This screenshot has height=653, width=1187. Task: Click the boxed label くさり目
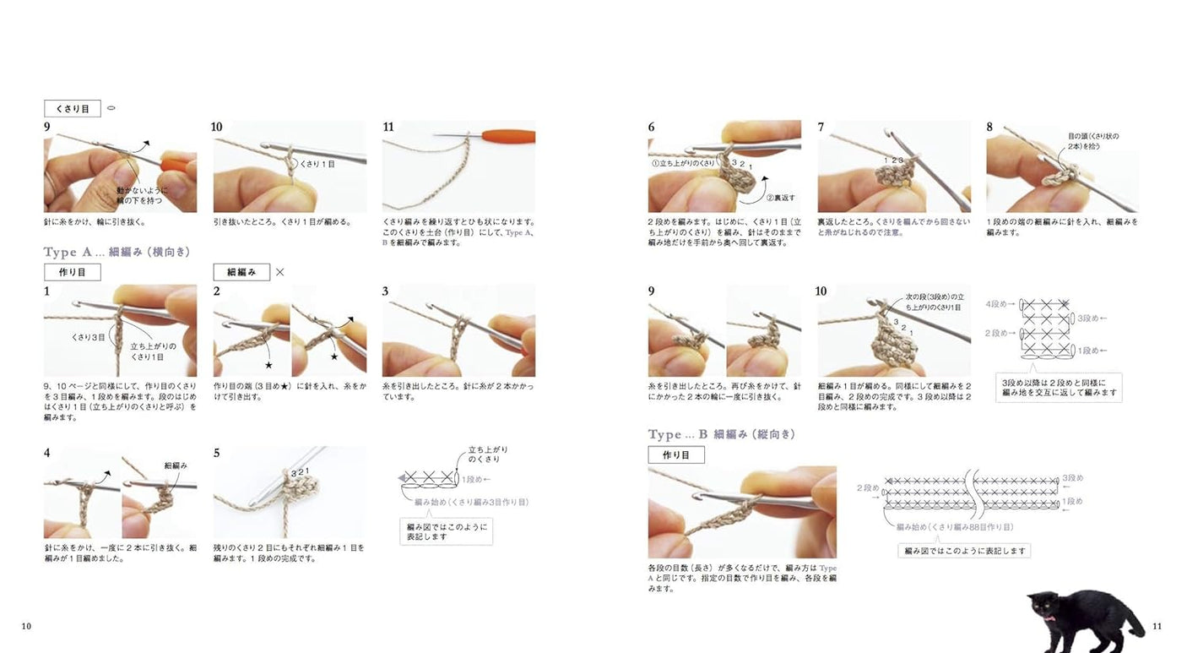point(72,109)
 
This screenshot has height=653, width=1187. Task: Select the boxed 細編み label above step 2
point(241,272)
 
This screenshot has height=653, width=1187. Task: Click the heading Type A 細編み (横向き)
point(117,252)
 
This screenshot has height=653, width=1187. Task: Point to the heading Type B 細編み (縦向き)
point(721,434)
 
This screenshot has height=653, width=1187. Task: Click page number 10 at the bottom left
point(26,626)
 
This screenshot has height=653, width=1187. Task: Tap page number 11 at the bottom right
point(1157,626)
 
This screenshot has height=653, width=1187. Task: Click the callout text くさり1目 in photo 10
point(318,164)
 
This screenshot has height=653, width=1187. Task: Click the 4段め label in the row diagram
point(997,303)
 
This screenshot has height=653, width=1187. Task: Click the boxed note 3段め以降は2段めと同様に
point(1059,388)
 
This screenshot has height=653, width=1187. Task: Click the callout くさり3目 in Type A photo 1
point(89,336)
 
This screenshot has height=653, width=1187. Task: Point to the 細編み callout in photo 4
point(175,465)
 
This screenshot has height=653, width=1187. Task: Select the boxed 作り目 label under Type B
point(676,454)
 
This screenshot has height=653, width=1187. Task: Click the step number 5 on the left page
point(216,454)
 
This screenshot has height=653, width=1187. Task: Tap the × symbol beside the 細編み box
point(280,272)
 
